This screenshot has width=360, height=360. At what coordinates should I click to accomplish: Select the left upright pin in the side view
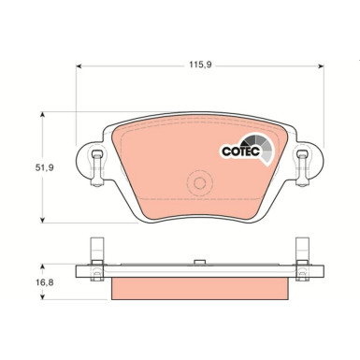[x=94, y=250]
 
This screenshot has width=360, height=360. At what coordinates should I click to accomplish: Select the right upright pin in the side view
[x=302, y=250]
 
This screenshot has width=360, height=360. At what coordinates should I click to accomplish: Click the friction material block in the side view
[x=197, y=289]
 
